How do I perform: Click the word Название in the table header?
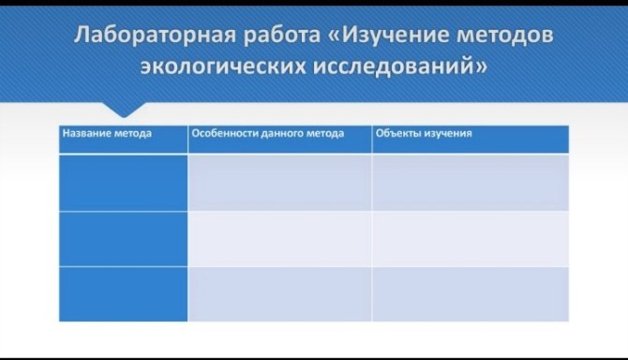tap(83, 133)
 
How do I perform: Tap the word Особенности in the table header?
tap(222, 133)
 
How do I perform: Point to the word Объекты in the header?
tap(398, 133)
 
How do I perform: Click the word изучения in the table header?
tap(447, 133)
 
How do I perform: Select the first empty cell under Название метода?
tap(124, 183)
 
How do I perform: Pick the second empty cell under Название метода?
tap(124, 239)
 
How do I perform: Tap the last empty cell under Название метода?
tap(124, 294)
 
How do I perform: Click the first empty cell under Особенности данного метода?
tap(279, 183)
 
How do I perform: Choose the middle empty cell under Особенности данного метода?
tap(279, 239)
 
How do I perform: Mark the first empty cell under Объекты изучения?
tap(471, 183)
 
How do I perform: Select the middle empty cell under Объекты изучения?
tap(471, 239)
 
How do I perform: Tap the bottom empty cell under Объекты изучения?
tap(471, 294)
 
